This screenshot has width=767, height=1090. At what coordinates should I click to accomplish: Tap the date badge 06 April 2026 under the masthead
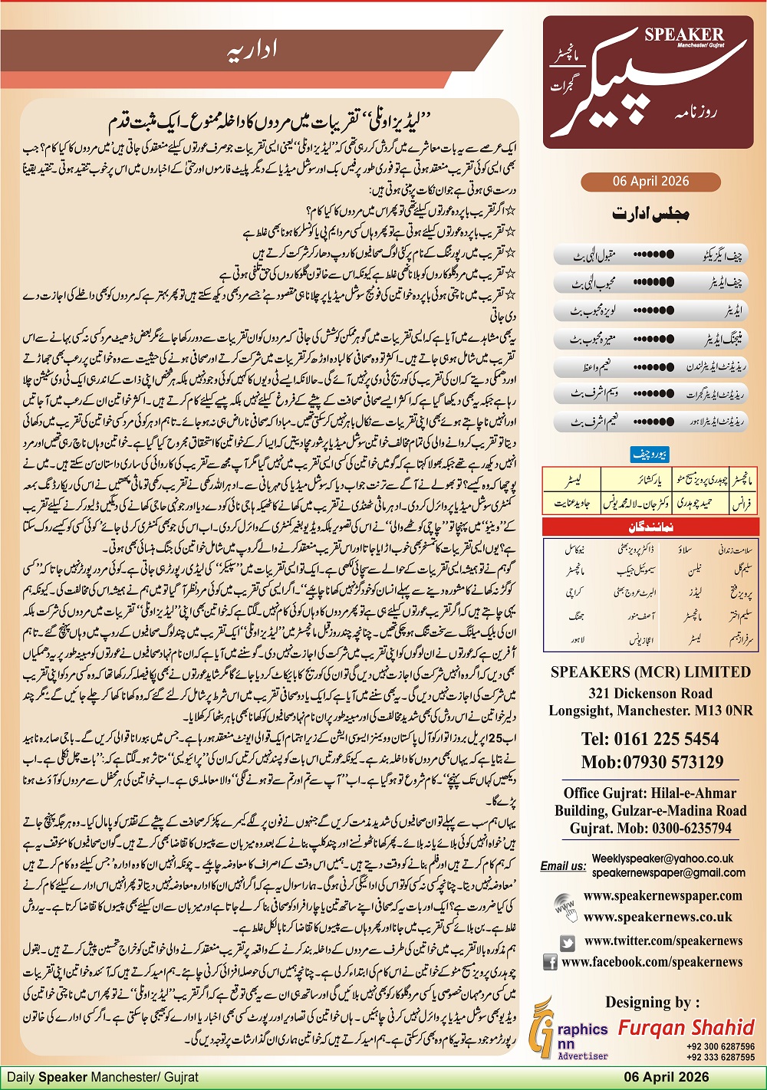click(x=650, y=182)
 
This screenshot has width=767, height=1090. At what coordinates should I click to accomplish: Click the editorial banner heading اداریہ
click(x=252, y=51)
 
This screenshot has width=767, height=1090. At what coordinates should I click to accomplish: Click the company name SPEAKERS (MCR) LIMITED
click(x=650, y=672)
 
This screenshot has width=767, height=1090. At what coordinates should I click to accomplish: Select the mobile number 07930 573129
click(x=652, y=762)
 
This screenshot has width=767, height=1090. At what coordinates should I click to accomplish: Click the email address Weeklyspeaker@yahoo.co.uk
click(x=662, y=859)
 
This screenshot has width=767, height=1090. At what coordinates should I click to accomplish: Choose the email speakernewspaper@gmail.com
click(x=668, y=872)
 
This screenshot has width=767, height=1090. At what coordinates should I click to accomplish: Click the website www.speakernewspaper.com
click(x=663, y=895)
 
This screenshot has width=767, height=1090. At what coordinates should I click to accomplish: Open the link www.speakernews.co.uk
click(x=657, y=917)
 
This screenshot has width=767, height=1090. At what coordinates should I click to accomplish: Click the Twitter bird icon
click(x=568, y=943)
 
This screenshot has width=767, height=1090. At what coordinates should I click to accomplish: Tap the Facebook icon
click(x=550, y=962)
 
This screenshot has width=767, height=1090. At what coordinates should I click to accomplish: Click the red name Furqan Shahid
click(x=686, y=1027)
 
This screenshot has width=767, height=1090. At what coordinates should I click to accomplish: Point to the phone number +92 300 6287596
click(x=720, y=1046)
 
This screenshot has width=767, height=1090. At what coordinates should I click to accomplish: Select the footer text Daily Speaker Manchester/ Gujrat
click(x=103, y=1077)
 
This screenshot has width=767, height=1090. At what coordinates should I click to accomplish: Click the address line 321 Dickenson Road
click(x=650, y=693)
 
